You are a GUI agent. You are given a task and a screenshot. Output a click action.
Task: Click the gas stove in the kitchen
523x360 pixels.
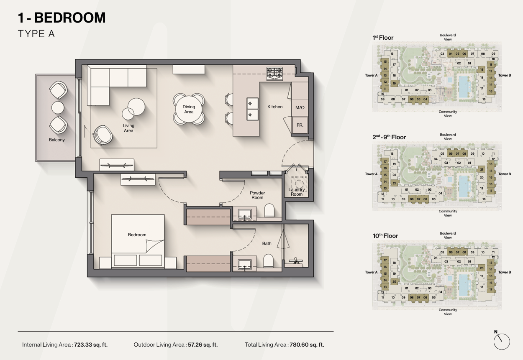coord(274,74)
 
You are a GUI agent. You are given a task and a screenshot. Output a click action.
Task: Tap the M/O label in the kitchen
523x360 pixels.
coord(300,107)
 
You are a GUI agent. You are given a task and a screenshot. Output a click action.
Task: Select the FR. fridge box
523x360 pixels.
coord(300,125)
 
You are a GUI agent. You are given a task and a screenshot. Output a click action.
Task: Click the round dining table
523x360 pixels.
coord(189,109)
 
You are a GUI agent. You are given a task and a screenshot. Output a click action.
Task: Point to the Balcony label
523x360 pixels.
coord(57,140)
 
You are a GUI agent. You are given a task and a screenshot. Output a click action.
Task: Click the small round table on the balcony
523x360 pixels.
coord(58,107)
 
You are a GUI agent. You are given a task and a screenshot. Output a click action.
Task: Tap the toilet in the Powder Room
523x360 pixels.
coord(269,210)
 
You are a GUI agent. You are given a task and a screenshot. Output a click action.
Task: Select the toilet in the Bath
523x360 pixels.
coord(268,260)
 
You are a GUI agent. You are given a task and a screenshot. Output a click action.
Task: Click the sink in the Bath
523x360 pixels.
coord(245,264)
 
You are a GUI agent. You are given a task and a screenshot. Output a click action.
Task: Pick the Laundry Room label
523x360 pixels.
coord(297,192)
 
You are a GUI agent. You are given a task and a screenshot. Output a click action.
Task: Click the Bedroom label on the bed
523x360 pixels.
coord(137,235)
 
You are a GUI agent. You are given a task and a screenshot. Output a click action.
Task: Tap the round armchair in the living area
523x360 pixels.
coord(103,135)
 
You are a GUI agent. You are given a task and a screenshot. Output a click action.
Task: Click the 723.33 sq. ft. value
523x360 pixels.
coord(91,345)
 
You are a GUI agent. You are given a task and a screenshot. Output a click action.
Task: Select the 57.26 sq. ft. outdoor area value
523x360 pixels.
coord(203,345)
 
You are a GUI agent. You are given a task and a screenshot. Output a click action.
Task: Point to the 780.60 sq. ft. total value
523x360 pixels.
coord(307,345)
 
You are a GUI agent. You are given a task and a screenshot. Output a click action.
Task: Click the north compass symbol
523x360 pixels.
coord(502,341)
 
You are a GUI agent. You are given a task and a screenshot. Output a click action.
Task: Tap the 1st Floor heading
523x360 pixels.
coord(383,38)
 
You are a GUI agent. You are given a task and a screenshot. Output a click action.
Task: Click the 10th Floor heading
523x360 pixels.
coord(385,236)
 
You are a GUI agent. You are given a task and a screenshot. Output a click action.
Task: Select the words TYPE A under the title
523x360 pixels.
coord(36,34)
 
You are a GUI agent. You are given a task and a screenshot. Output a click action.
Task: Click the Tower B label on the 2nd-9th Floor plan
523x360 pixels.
coord(505,174)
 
